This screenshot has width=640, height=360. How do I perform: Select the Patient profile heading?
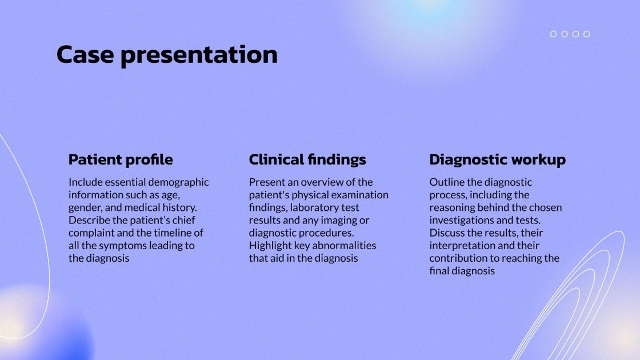click(x=121, y=159)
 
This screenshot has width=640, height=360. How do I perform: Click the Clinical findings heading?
click(x=307, y=159)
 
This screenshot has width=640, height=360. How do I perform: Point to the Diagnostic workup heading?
click(x=497, y=159)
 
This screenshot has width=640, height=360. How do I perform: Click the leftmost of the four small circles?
click(x=553, y=34)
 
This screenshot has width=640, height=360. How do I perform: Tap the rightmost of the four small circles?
click(x=586, y=34)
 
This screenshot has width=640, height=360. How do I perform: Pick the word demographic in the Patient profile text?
click(x=179, y=182)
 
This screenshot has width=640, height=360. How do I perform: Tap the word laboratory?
click(x=317, y=208)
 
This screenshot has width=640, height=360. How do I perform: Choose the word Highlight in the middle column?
click(x=270, y=246)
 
